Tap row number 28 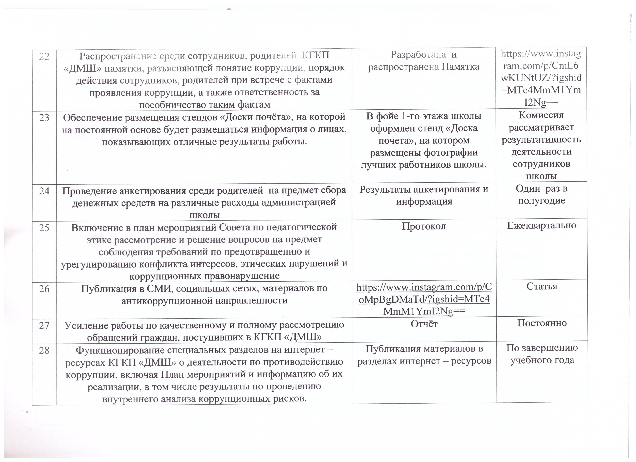[44, 350]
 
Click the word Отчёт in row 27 [424, 324]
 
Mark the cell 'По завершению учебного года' [542, 354]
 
